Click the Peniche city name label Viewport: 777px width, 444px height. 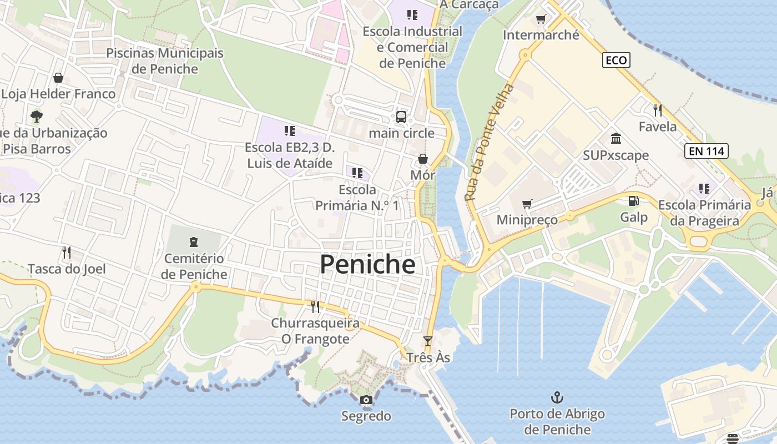click(367, 265)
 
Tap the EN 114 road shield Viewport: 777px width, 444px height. click(706, 150)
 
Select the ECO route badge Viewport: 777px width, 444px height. click(616, 60)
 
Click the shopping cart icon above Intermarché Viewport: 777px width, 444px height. click(541, 19)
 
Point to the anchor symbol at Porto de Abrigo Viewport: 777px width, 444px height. click(557, 397)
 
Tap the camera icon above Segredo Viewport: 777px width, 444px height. click(366, 400)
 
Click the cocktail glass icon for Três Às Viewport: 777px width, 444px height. click(427, 341)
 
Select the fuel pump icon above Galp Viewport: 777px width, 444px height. click(633, 201)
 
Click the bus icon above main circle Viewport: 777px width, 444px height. click(401, 117)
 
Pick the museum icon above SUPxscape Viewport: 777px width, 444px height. click(615, 138)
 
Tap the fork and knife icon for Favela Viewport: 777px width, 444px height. click(658, 110)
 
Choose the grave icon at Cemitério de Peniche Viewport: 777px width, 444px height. click(194, 242)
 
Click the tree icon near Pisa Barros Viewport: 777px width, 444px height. click(37, 117)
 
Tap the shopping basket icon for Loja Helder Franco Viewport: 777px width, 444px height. click(58, 78)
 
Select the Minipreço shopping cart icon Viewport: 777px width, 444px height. click(527, 204)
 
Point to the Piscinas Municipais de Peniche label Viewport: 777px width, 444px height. click(165, 61)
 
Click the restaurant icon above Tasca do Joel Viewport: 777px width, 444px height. click(67, 253)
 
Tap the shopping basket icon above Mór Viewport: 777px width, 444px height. click(423, 159)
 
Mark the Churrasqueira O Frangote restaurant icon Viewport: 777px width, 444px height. click(315, 306)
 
